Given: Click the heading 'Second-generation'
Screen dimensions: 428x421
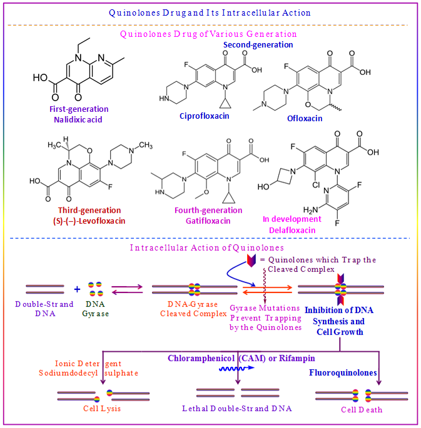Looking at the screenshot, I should [258, 44].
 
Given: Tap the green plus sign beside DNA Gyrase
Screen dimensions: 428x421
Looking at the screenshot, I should [78, 289].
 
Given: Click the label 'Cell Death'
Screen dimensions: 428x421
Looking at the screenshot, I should [362, 410].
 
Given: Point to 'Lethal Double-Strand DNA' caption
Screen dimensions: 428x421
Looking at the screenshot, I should [237, 409].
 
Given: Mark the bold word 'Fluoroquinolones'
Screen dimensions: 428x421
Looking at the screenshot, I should [343, 372].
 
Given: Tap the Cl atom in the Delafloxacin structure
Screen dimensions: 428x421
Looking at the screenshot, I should [300, 187].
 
